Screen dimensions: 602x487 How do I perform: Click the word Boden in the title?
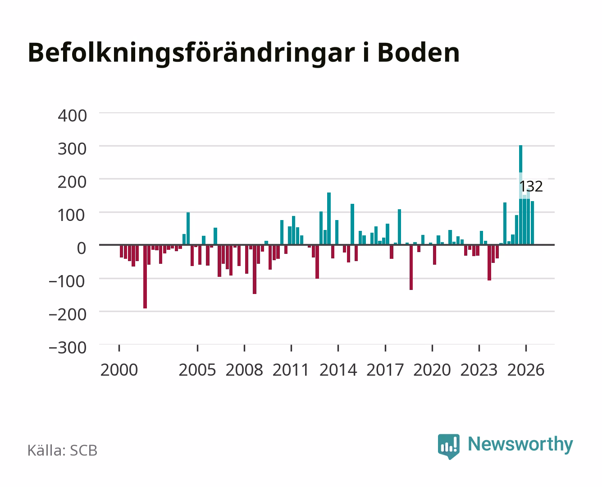tap(418, 53)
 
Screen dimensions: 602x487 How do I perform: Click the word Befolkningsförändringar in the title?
tap(192, 54)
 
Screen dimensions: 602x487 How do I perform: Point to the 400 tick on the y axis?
tap(73, 116)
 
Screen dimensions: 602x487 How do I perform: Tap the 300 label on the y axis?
tap(73, 149)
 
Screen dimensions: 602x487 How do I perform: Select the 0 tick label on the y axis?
tap(82, 248)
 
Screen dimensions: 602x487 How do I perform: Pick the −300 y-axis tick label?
tap(67, 348)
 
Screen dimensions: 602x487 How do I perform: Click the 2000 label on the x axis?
tap(119, 370)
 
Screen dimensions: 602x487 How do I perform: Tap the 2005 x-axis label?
tap(197, 370)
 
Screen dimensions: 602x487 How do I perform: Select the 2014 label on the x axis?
tap(338, 370)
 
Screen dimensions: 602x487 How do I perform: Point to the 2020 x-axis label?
tap(432, 370)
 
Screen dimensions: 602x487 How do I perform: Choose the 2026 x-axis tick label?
tap(526, 370)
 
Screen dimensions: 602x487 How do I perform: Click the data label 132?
tap(531, 186)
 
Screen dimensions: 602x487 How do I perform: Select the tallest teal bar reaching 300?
tap(520, 195)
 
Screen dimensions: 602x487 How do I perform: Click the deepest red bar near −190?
tap(145, 276)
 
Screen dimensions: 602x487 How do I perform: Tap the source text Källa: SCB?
tap(63, 450)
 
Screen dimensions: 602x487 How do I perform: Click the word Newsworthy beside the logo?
tap(520, 445)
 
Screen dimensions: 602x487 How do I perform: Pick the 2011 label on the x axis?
tap(291, 370)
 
